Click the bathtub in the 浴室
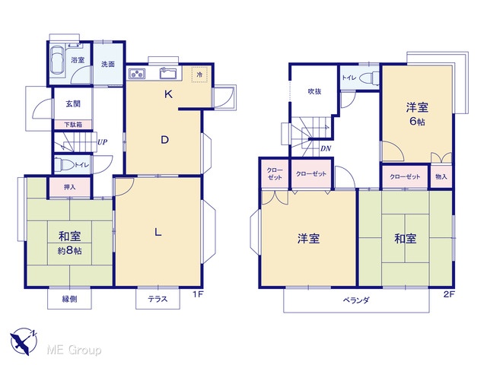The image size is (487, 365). (x=57, y=60)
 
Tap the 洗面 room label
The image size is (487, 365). (x=108, y=64)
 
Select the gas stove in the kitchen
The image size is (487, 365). (x=137, y=74)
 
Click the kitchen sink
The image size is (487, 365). (x=167, y=74)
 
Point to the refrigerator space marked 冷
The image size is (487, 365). (x=199, y=75)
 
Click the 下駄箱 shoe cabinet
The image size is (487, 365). (x=73, y=125)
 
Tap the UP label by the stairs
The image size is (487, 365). (x=102, y=142)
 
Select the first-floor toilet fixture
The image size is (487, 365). (x=62, y=165)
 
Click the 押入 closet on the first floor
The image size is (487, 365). (x=69, y=187)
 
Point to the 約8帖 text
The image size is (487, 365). (x=69, y=250)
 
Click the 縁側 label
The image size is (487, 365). (x=69, y=299)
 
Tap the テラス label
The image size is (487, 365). (x=158, y=299)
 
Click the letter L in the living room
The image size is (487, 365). (x=158, y=232)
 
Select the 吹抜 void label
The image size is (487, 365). (x=314, y=91)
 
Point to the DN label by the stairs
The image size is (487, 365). (x=326, y=149)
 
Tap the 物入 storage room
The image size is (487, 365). (x=441, y=176)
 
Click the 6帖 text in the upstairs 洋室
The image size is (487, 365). (x=417, y=121)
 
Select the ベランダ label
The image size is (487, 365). (x=356, y=300)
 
